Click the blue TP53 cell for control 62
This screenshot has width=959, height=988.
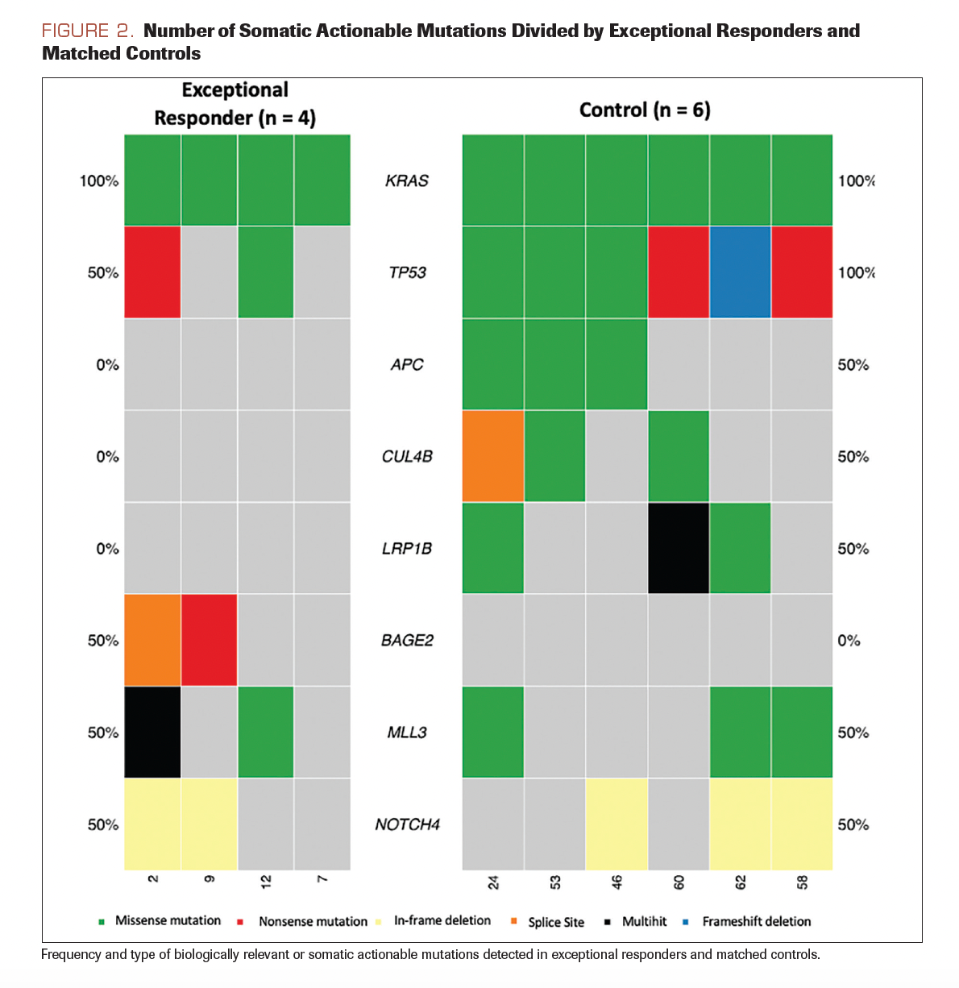740,272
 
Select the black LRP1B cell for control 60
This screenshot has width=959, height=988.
679,548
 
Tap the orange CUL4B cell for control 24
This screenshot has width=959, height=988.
493,456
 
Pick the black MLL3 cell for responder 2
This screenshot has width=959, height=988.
152,732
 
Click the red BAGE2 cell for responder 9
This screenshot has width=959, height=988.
210,640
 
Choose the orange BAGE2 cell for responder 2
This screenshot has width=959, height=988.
152,640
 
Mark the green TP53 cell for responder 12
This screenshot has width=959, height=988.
266,272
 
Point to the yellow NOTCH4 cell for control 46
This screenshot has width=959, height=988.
616,824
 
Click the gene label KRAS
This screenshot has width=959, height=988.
407,181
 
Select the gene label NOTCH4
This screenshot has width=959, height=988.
407,824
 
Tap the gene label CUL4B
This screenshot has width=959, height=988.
407,457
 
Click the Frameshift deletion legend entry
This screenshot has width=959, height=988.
755,921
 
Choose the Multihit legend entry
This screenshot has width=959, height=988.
644,921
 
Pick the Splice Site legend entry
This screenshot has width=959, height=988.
555,922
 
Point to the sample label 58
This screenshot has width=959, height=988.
802,882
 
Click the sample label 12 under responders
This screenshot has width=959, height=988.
266,881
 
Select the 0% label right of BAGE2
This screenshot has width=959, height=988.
849,641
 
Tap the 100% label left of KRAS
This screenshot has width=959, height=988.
99,181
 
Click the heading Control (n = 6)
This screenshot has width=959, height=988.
645,110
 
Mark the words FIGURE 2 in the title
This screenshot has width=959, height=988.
87,31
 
